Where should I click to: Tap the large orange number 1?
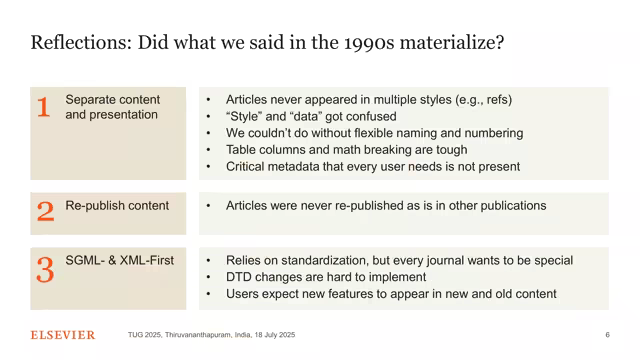44,107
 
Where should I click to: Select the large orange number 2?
45,211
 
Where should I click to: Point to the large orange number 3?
45,270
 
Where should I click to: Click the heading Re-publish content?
117,206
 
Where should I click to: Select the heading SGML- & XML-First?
119,261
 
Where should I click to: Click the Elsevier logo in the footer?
62,335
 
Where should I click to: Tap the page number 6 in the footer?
607,335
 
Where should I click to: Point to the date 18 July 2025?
275,335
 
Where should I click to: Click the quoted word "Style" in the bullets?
245,116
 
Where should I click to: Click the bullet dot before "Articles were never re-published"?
208,206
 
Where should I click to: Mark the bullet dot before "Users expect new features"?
208,294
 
